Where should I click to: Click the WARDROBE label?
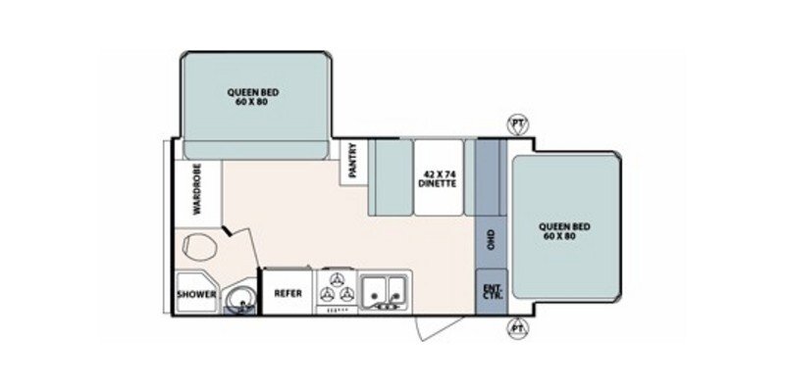click(x=196, y=188)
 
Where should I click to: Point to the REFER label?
click(x=288, y=293)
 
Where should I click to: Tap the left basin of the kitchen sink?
click(x=374, y=290)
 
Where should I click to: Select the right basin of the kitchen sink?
click(x=396, y=290)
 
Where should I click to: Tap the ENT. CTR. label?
click(x=491, y=291)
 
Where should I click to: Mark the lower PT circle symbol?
click(x=515, y=330)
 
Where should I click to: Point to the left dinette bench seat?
click(x=390, y=176)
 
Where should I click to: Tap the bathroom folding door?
click(x=236, y=238)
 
